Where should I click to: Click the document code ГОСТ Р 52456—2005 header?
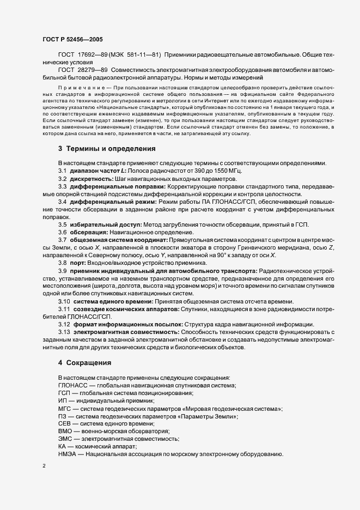[x=72, y=39]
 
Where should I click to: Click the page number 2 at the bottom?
[x=44, y=467]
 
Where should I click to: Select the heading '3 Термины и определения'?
[x=107, y=148]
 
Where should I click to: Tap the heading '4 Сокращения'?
[x=85, y=362]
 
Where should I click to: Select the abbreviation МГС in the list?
[x=65, y=408]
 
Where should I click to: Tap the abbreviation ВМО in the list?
[x=65, y=431]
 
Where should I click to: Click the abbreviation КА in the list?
[x=62, y=446]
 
